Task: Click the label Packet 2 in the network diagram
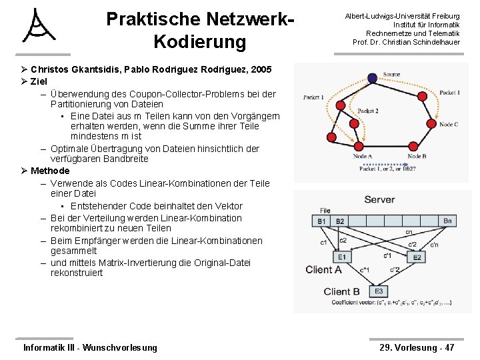pyautogui.click(x=367, y=111)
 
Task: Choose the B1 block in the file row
pyautogui.click(x=322, y=221)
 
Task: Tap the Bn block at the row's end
pyautogui.click(x=447, y=221)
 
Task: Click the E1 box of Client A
pyautogui.click(x=341, y=257)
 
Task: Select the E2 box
pyautogui.click(x=417, y=257)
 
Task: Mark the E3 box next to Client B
pyautogui.click(x=379, y=291)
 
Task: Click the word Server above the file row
pyautogui.click(x=379, y=199)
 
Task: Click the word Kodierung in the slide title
pyautogui.click(x=199, y=42)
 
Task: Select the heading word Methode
pyautogui.click(x=50, y=171)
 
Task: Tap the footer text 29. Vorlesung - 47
pyautogui.click(x=417, y=347)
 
